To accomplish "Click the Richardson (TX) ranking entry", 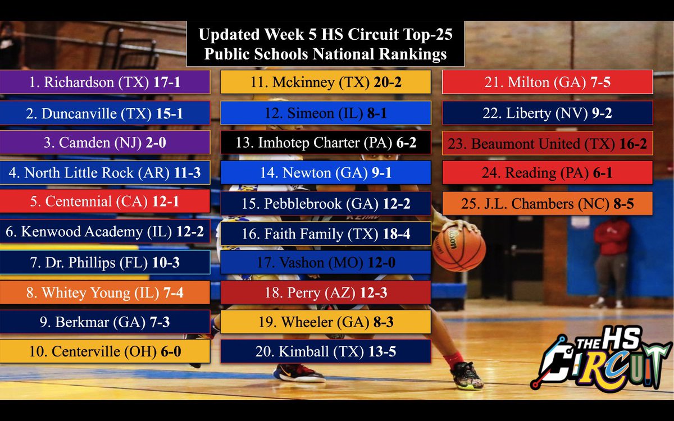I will pyautogui.click(x=105, y=82).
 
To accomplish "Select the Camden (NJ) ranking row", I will pyautogui.click(x=105, y=143).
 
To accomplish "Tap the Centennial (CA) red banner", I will pyautogui.click(x=105, y=201).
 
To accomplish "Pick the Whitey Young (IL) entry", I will pyautogui.click(x=105, y=292).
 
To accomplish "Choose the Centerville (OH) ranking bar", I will pyautogui.click(x=105, y=352).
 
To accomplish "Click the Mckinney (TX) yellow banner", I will pyautogui.click(x=325, y=82).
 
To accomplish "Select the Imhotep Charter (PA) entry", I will pyautogui.click(x=325, y=143).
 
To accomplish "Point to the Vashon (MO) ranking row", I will pyautogui.click(x=325, y=262).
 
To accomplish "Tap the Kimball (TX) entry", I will pyautogui.click(x=325, y=352).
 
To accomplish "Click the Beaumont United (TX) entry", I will pyautogui.click(x=547, y=143).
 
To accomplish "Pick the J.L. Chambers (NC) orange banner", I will pyautogui.click(x=547, y=203).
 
